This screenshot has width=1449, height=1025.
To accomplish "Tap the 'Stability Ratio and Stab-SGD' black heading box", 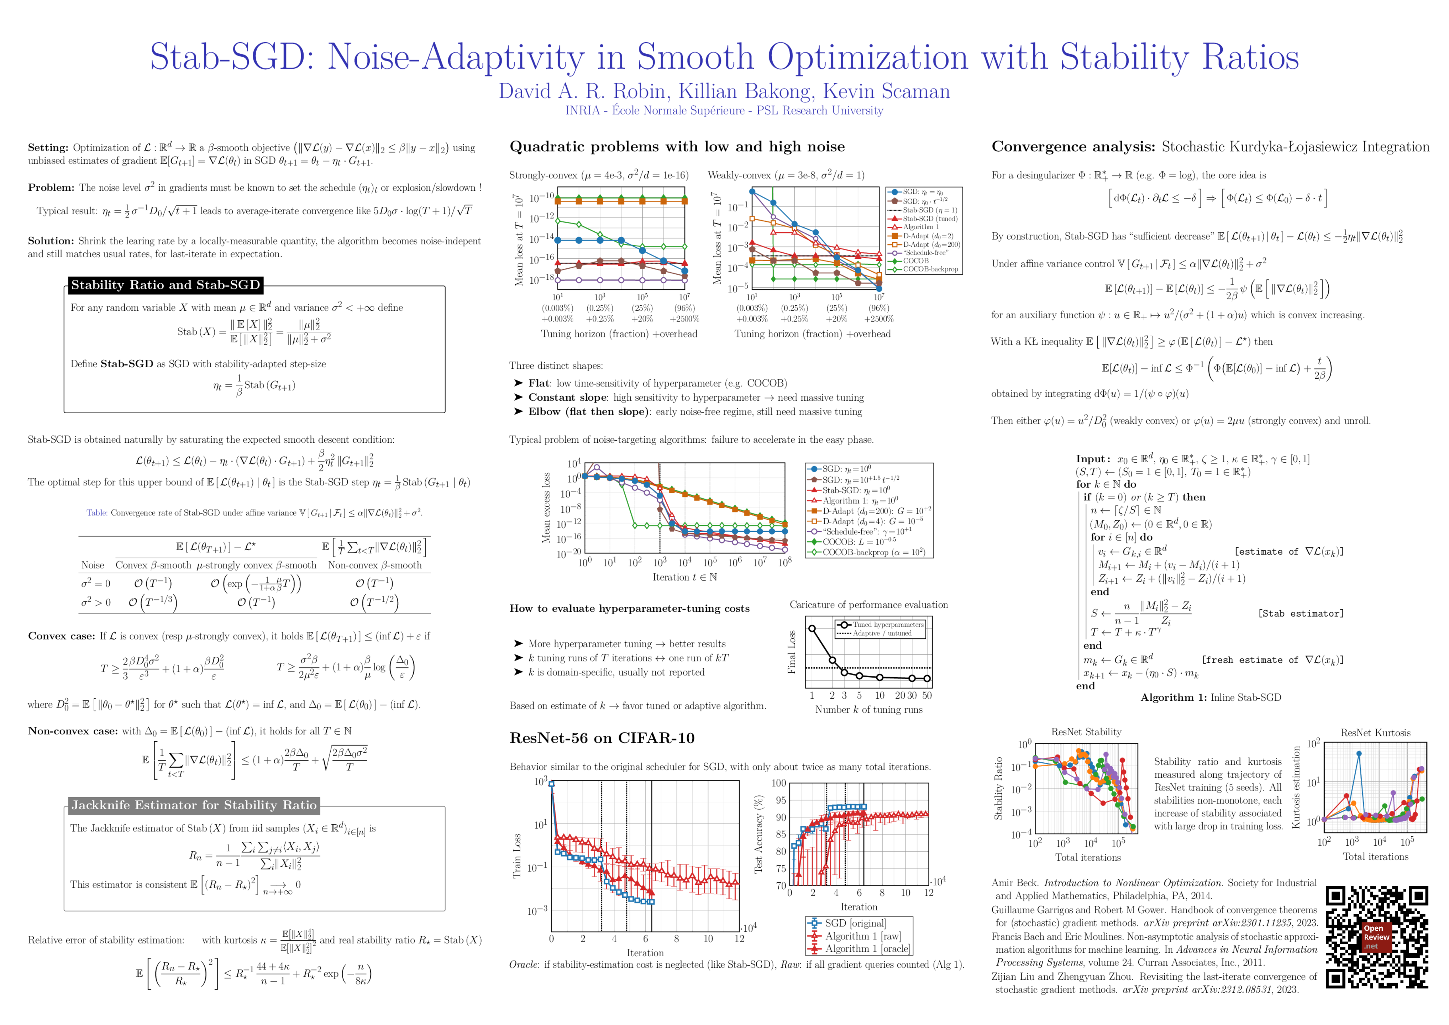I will [166, 285].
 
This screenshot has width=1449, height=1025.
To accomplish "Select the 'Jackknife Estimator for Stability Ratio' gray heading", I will [194, 805].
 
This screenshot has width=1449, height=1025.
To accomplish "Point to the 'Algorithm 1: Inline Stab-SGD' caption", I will [1211, 698].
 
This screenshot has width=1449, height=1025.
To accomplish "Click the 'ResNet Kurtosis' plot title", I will [1375, 733].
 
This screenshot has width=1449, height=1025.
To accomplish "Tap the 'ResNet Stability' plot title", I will [1086, 732].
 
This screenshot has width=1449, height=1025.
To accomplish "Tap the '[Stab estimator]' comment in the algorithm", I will [1301, 614].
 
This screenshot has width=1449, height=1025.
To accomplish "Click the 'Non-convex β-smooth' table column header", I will [375, 566].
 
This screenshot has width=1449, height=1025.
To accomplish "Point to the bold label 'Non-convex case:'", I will [73, 731].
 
